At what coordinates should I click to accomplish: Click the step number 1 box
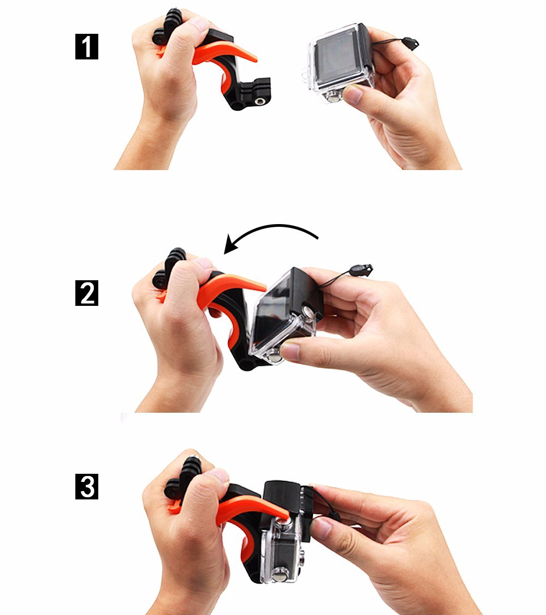(86, 47)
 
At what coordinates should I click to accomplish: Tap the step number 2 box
(86, 293)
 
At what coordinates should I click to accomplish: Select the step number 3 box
(86, 486)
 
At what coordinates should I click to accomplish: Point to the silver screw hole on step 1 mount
(259, 101)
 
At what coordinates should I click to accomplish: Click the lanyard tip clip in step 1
(411, 43)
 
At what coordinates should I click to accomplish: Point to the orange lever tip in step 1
(253, 59)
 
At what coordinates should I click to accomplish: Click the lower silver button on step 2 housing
(274, 358)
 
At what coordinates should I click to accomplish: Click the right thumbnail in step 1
(352, 94)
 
